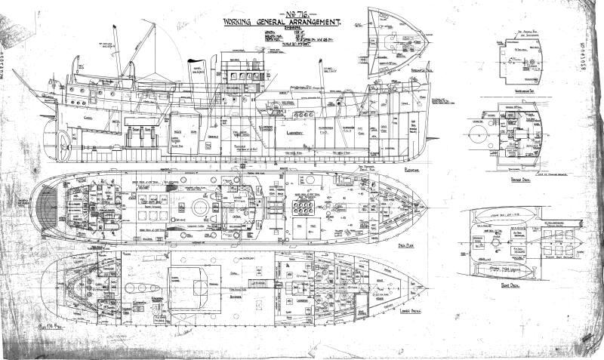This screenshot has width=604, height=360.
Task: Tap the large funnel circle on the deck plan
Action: [203, 205]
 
